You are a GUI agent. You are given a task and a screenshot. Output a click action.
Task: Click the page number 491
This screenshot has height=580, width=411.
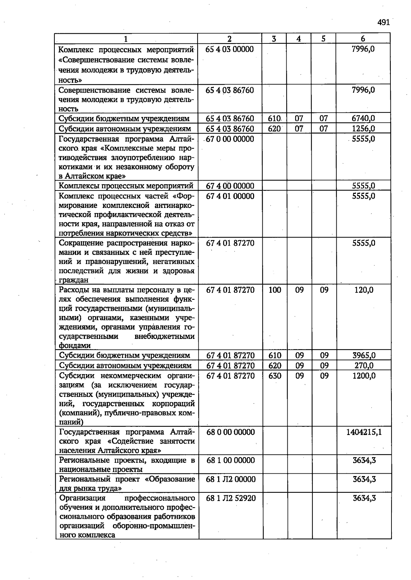(x=384, y=23)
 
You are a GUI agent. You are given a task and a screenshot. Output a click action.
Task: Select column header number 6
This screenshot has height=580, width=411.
(x=363, y=39)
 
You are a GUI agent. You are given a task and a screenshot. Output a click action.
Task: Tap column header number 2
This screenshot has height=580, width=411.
(x=229, y=39)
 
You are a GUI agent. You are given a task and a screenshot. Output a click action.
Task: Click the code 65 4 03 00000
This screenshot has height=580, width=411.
(x=229, y=49)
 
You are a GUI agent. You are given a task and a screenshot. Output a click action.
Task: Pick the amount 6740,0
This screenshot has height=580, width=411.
(x=363, y=118)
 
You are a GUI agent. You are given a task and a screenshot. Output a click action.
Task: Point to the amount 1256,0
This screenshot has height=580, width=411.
(x=363, y=129)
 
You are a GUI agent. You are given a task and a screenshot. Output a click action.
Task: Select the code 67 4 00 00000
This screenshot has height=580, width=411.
(x=230, y=186)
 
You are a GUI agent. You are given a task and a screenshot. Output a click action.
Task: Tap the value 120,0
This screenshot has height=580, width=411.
(x=364, y=290)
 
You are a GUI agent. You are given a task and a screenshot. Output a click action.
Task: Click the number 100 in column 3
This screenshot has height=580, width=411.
(x=275, y=290)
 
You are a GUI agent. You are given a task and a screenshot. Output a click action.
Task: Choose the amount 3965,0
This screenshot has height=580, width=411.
(x=364, y=355)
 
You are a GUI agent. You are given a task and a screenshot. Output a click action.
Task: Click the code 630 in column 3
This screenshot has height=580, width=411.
(x=275, y=376)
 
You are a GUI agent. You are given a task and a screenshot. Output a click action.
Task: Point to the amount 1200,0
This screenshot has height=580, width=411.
(x=364, y=376)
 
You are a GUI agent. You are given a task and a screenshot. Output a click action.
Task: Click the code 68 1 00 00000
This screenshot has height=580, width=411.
(x=231, y=460)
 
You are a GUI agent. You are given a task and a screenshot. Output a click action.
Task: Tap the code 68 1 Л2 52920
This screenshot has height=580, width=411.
(x=231, y=498)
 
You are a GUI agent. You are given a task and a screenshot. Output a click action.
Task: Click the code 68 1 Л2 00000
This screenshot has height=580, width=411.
(x=231, y=479)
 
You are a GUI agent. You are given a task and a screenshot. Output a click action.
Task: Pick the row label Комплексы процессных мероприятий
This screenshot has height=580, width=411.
(x=126, y=186)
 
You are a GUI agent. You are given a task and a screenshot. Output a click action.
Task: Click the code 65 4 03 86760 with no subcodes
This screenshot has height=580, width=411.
(x=229, y=90)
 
